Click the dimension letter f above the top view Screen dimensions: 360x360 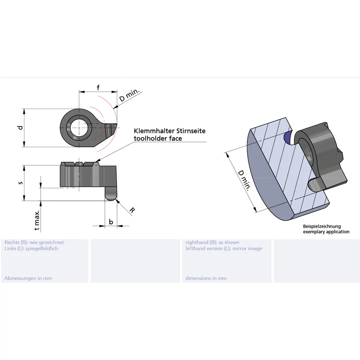(98, 87)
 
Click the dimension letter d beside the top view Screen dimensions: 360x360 (20, 128)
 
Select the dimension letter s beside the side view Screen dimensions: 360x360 (20, 183)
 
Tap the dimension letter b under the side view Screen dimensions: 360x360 (111, 222)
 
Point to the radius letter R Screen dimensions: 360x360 (132, 210)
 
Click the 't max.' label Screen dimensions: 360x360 (37, 220)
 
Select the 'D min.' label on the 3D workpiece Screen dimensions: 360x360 (244, 180)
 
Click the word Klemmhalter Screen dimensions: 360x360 (152, 131)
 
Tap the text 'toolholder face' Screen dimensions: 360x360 (158, 138)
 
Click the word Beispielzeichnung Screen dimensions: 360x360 (322, 226)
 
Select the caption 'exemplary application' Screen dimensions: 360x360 (326, 232)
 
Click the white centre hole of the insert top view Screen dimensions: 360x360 (79, 128)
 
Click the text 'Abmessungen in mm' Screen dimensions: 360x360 (28, 278)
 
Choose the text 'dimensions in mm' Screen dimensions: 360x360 (206, 278)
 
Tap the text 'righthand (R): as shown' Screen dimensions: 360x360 (212, 242)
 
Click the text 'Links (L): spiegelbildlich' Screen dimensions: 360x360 (31, 248)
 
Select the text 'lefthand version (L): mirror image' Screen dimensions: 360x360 (224, 248)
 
